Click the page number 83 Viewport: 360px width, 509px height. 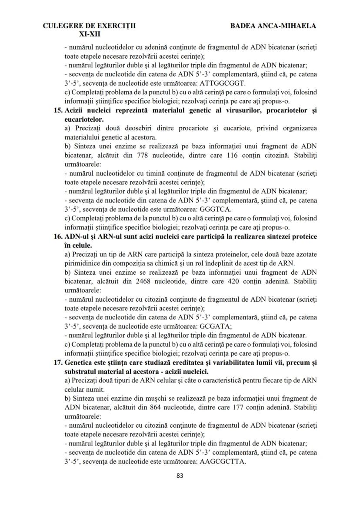pos(180,476)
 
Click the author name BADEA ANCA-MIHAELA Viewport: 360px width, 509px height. pos(273,26)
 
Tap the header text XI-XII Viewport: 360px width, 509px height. pos(89,33)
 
